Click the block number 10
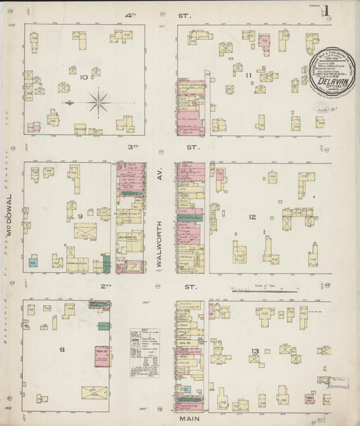point(84,78)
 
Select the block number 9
point(79,216)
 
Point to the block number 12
point(252,217)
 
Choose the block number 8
point(62,349)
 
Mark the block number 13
point(254,352)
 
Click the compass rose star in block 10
point(99,103)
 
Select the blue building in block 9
point(33,261)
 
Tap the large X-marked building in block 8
point(94,392)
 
